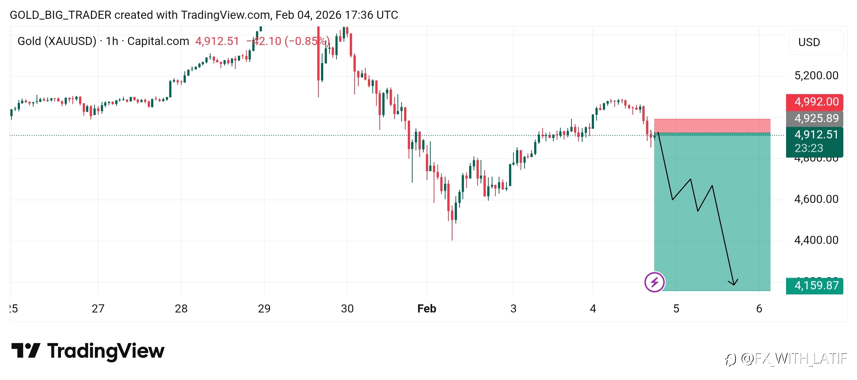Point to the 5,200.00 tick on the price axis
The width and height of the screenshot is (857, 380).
point(816,76)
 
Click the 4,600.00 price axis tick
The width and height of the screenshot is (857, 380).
point(816,199)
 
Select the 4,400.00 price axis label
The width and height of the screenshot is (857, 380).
point(816,240)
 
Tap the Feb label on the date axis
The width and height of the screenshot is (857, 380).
point(427,308)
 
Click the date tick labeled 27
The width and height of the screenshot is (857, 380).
point(98,308)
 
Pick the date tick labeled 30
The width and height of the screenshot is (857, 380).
point(347,308)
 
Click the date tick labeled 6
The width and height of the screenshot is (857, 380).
point(759,308)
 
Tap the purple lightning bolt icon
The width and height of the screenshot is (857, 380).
point(655,282)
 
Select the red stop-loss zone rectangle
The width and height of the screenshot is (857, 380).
point(712,126)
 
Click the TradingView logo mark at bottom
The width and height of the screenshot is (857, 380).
point(26,350)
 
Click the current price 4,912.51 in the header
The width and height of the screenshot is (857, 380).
point(217,41)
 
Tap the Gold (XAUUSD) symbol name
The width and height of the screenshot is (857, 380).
point(57,41)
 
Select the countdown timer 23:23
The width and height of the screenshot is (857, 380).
point(809,148)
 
